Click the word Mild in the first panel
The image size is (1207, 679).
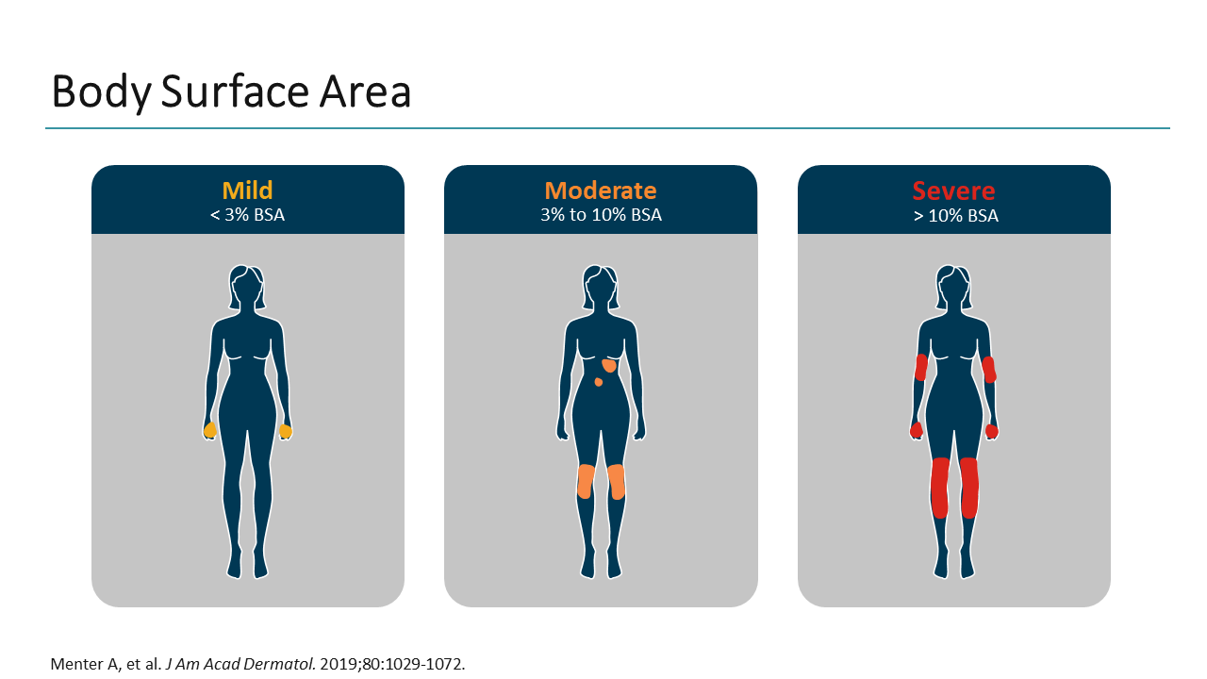[x=247, y=190]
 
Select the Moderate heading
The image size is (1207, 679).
[x=601, y=190]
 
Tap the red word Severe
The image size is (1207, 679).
[x=953, y=190]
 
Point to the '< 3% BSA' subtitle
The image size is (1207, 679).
[x=247, y=215]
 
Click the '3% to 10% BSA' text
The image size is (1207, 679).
[x=601, y=215]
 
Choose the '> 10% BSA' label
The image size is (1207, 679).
[x=953, y=215]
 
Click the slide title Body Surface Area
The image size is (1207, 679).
[x=231, y=92]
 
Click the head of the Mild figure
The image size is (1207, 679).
[x=247, y=286]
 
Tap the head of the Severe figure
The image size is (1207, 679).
[x=953, y=286]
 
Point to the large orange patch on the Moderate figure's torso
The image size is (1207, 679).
[x=609, y=364]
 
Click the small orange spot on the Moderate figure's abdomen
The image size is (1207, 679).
[x=598, y=382]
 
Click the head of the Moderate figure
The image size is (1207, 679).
[x=601, y=286]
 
